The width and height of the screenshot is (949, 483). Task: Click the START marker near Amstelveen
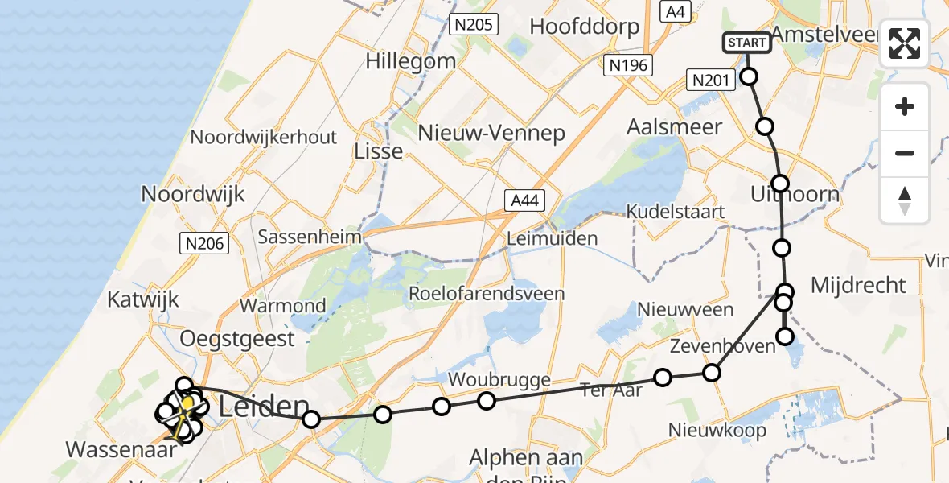[747, 43]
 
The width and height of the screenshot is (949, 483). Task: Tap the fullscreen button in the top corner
[905, 43]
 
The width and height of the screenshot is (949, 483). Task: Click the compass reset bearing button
[905, 200]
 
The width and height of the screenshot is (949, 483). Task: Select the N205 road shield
[474, 25]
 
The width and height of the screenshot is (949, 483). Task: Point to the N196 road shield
[628, 66]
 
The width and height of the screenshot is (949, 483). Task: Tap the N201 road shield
[709, 79]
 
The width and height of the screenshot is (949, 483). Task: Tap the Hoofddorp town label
[585, 27]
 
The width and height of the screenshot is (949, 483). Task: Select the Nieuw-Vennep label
[491, 133]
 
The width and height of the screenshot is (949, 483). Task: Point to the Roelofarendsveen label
[487, 293]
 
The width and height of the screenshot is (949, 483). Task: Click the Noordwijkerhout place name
[275, 137]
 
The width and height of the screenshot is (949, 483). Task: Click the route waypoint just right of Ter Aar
[663, 378]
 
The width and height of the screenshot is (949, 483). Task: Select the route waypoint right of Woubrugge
[486, 401]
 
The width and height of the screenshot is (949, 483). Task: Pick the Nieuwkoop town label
[717, 431]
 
